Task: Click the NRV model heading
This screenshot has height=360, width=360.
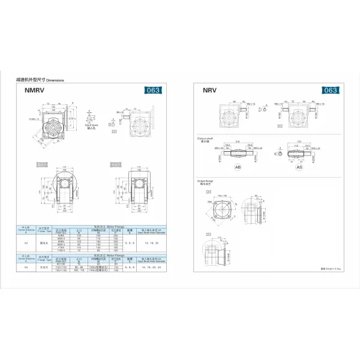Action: [x=209, y=91]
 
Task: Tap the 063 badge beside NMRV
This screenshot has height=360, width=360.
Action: [x=154, y=91]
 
